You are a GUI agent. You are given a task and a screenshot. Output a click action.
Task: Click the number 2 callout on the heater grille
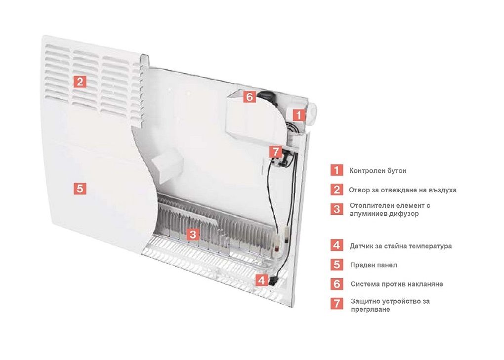80,81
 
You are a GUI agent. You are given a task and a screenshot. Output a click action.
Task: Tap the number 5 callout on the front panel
80,188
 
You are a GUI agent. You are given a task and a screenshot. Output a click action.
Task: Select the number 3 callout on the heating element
193,234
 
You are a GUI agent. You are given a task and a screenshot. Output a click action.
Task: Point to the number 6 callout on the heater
250,97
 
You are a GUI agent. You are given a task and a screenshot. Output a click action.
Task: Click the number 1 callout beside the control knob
299,115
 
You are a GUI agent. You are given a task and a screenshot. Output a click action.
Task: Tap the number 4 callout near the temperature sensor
262,280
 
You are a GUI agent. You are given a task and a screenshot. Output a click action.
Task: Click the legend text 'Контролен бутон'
378,170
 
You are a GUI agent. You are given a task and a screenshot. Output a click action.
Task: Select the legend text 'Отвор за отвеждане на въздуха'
402,190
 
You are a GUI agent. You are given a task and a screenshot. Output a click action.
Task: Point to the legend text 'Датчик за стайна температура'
401,246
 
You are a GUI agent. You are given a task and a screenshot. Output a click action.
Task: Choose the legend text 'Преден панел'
374,265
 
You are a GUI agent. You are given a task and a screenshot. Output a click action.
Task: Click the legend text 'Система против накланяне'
397,284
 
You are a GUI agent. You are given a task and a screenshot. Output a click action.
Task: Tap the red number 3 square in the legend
336,209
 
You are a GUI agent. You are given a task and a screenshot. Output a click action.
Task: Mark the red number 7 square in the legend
336,303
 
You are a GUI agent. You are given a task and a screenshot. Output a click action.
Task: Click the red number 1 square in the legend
336,170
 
